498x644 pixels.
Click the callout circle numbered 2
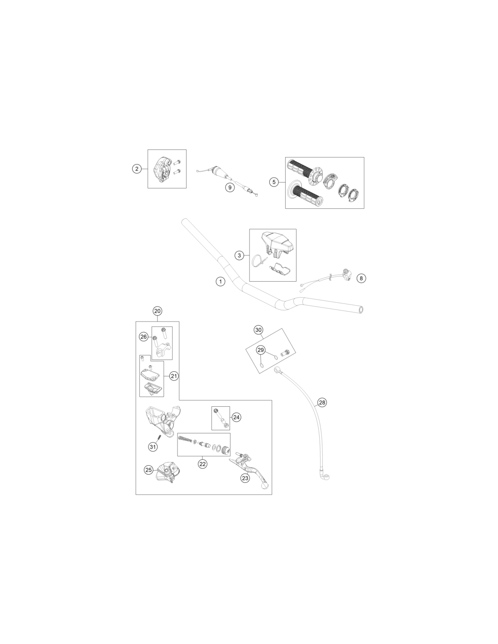click(x=137, y=169)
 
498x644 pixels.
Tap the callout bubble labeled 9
click(x=230, y=187)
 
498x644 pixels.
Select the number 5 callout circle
click(x=274, y=182)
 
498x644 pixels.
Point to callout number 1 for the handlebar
click(x=220, y=281)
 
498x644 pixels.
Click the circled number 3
click(x=239, y=255)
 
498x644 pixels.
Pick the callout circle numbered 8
click(x=361, y=278)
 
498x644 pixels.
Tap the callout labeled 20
click(x=157, y=311)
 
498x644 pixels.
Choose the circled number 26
click(x=144, y=336)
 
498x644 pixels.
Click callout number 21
click(x=173, y=376)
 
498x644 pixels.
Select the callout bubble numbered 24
click(x=236, y=417)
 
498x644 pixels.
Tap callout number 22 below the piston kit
click(x=202, y=464)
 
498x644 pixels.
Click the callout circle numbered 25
click(x=148, y=470)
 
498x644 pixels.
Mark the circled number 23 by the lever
click(x=245, y=478)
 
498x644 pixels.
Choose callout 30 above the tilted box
click(x=259, y=330)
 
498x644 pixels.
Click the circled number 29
click(x=260, y=350)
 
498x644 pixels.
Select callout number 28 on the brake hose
click(x=322, y=403)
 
